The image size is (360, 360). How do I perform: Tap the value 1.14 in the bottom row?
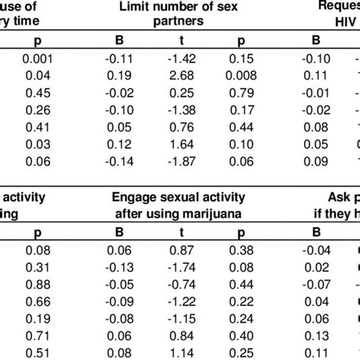tap(181, 352)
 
